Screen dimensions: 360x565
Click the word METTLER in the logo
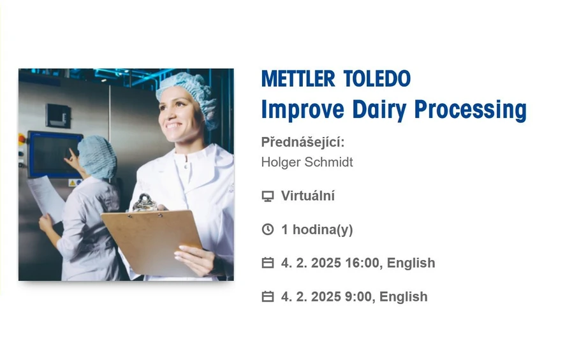(297, 79)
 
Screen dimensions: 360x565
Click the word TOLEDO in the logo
(377, 79)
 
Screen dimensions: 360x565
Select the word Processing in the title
(471, 110)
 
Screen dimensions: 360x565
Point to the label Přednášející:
(302, 142)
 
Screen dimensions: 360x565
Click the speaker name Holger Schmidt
(307, 162)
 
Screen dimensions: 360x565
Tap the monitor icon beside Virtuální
(268, 196)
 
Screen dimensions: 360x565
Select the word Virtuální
(307, 196)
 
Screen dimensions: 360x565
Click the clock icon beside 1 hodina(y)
(268, 229)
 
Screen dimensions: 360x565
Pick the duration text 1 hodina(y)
(317, 229)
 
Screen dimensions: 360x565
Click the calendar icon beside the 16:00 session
(268, 263)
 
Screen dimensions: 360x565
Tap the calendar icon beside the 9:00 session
(268, 297)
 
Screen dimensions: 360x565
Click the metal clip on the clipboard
(145, 202)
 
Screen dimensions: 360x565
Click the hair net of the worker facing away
(98, 155)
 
